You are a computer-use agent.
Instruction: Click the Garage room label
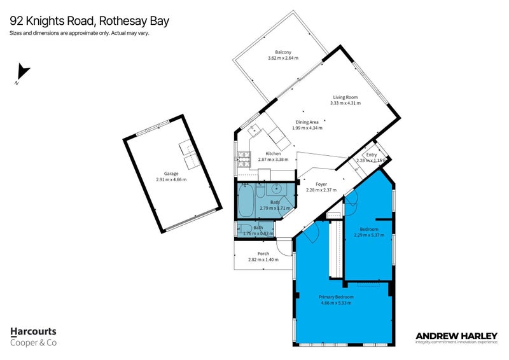point(171,174)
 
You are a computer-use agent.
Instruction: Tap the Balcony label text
point(283,52)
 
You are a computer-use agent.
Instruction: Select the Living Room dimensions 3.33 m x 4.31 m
point(345,103)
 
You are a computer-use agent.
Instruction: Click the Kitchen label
point(273,154)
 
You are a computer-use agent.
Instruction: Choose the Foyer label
point(321,184)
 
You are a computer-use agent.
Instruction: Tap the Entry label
point(371,155)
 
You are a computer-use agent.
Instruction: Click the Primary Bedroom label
point(336,297)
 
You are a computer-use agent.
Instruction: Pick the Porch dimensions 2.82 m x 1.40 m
point(263,259)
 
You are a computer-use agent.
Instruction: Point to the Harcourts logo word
point(33,331)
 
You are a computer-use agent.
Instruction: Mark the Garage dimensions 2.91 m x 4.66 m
point(171,180)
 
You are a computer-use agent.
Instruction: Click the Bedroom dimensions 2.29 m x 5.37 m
point(369,235)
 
